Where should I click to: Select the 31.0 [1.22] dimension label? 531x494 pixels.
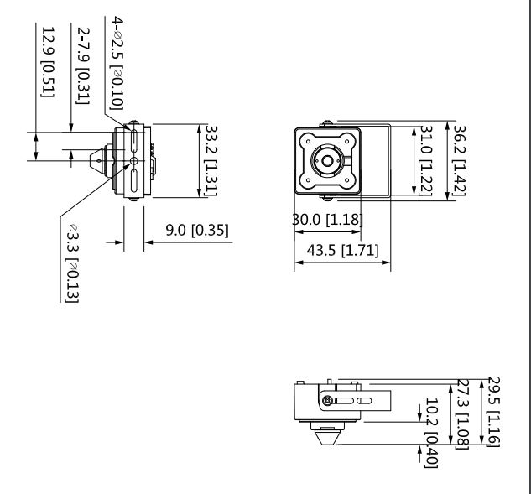[x=424, y=161]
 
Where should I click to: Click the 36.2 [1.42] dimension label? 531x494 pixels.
[x=458, y=160]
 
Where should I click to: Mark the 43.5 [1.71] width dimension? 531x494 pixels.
[x=341, y=250]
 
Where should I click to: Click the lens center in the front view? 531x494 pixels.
[x=325, y=161]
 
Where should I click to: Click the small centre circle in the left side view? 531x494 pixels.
[x=133, y=161]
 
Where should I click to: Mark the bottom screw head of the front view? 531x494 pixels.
[x=325, y=198]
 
